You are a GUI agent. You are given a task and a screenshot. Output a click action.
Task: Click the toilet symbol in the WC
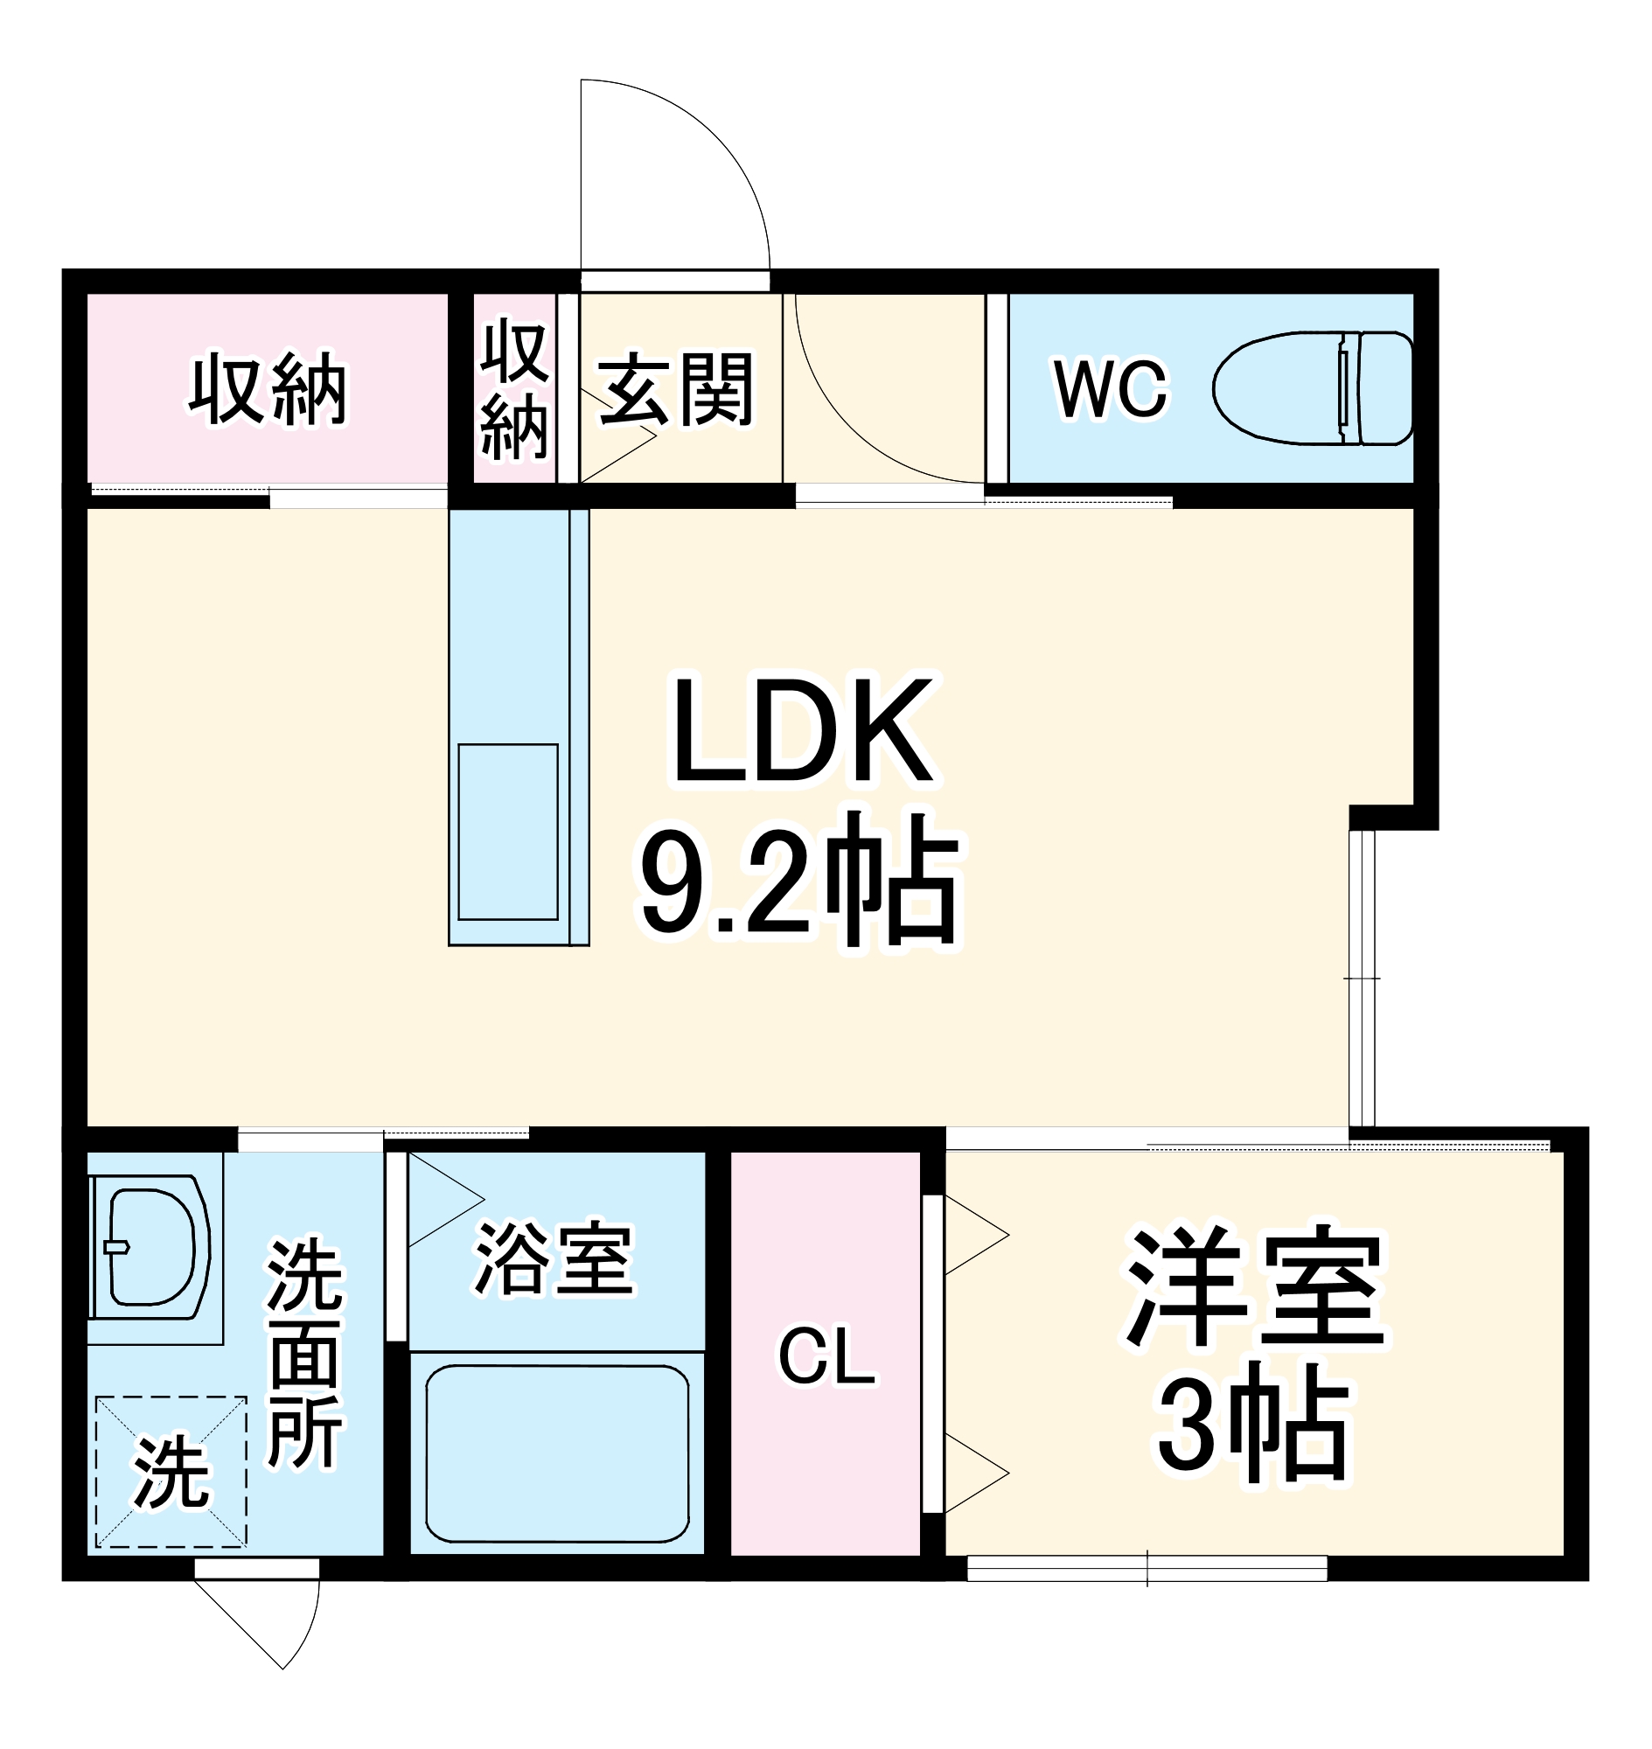[x=1313, y=388]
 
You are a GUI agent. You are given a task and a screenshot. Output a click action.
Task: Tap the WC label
[x=1111, y=388]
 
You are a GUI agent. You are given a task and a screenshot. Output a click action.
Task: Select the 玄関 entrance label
[x=675, y=388]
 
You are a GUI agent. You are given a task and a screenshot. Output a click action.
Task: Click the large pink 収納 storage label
[x=268, y=388]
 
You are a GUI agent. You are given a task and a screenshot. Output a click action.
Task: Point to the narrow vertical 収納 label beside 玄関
[x=515, y=388]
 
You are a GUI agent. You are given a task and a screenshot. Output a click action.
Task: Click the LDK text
[x=802, y=731]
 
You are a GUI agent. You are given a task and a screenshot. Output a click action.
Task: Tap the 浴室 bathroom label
[x=554, y=1259]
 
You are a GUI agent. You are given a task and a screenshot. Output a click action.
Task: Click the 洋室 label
[x=1255, y=1286]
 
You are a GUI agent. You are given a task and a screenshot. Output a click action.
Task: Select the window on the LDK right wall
[x=1362, y=978]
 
